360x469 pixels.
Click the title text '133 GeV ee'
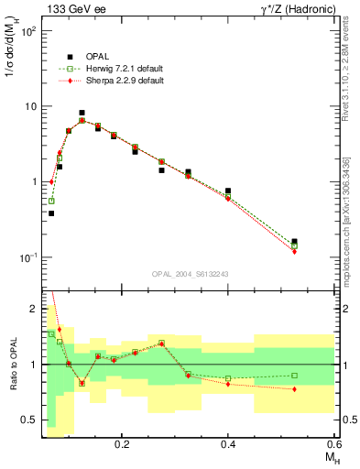pos(72,8)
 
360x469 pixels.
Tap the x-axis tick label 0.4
pos(228,444)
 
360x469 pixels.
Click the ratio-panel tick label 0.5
pos(29,420)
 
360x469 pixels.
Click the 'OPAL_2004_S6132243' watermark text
pos(190,273)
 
